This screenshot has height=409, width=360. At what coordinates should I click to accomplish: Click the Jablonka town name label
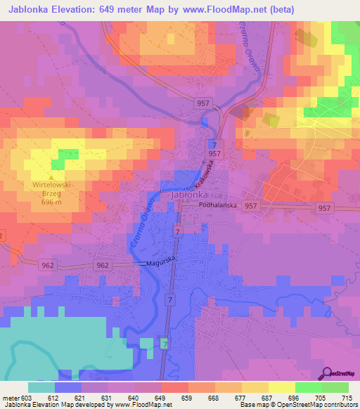pos(189,197)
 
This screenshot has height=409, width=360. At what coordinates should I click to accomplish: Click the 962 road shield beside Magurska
pos(103,265)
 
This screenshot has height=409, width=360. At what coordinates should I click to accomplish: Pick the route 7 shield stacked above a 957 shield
pos(213,143)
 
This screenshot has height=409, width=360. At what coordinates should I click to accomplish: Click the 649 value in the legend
pos(161,398)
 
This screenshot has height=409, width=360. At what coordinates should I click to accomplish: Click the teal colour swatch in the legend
pos(41,387)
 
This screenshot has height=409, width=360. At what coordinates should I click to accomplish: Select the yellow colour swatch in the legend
pos(281,387)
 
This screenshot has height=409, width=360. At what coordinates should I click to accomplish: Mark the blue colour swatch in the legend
pos(67,387)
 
